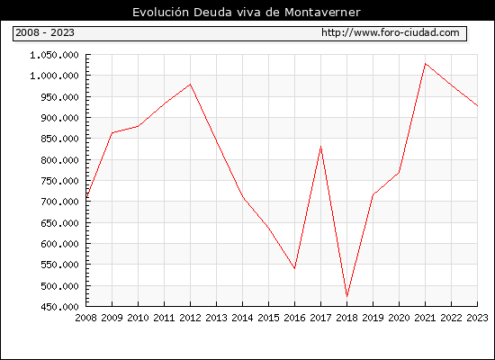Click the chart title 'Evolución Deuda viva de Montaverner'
coord(247,13)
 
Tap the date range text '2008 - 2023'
coord(45,32)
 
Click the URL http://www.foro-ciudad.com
coord(391,32)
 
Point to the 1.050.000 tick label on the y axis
coord(54,55)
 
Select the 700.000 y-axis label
coord(59,202)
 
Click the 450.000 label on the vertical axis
coord(59,307)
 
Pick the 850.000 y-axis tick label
coord(59,139)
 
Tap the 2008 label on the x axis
coord(85,318)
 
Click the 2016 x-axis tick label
coord(294,318)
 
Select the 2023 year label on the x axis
coord(477,318)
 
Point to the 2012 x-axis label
coord(191,318)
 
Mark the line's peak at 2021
coord(425,64)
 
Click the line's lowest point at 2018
coord(346,296)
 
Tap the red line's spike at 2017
coord(320,146)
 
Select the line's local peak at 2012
coord(191,84)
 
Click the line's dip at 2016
coord(294,268)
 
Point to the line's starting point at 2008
coord(86,198)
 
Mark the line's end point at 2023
coord(477,106)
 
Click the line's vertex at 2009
coord(112,133)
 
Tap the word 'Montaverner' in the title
coord(322,13)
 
